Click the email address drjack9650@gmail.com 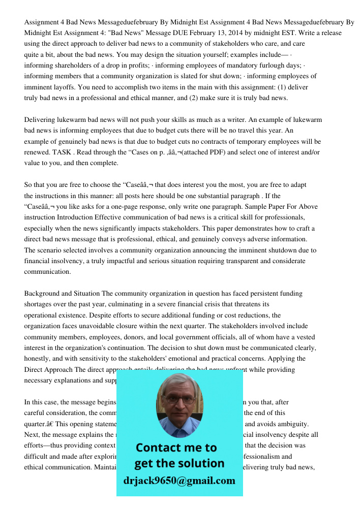click(179, 481)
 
